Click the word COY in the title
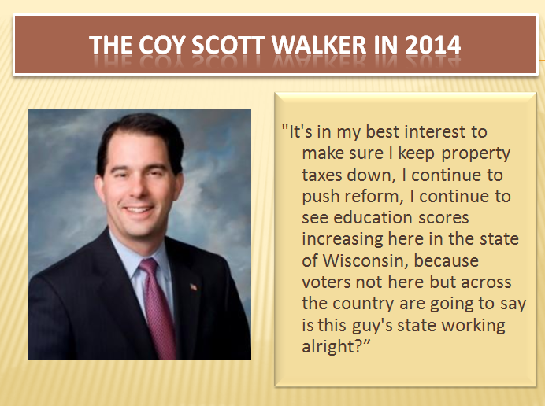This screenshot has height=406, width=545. [161, 45]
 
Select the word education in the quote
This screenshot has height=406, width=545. [373, 217]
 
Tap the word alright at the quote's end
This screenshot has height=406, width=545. [332, 346]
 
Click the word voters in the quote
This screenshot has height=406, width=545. [326, 282]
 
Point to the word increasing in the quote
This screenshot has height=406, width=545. [342, 240]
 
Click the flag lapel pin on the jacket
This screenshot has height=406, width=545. [194, 287]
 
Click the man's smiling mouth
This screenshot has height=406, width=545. [139, 209]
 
